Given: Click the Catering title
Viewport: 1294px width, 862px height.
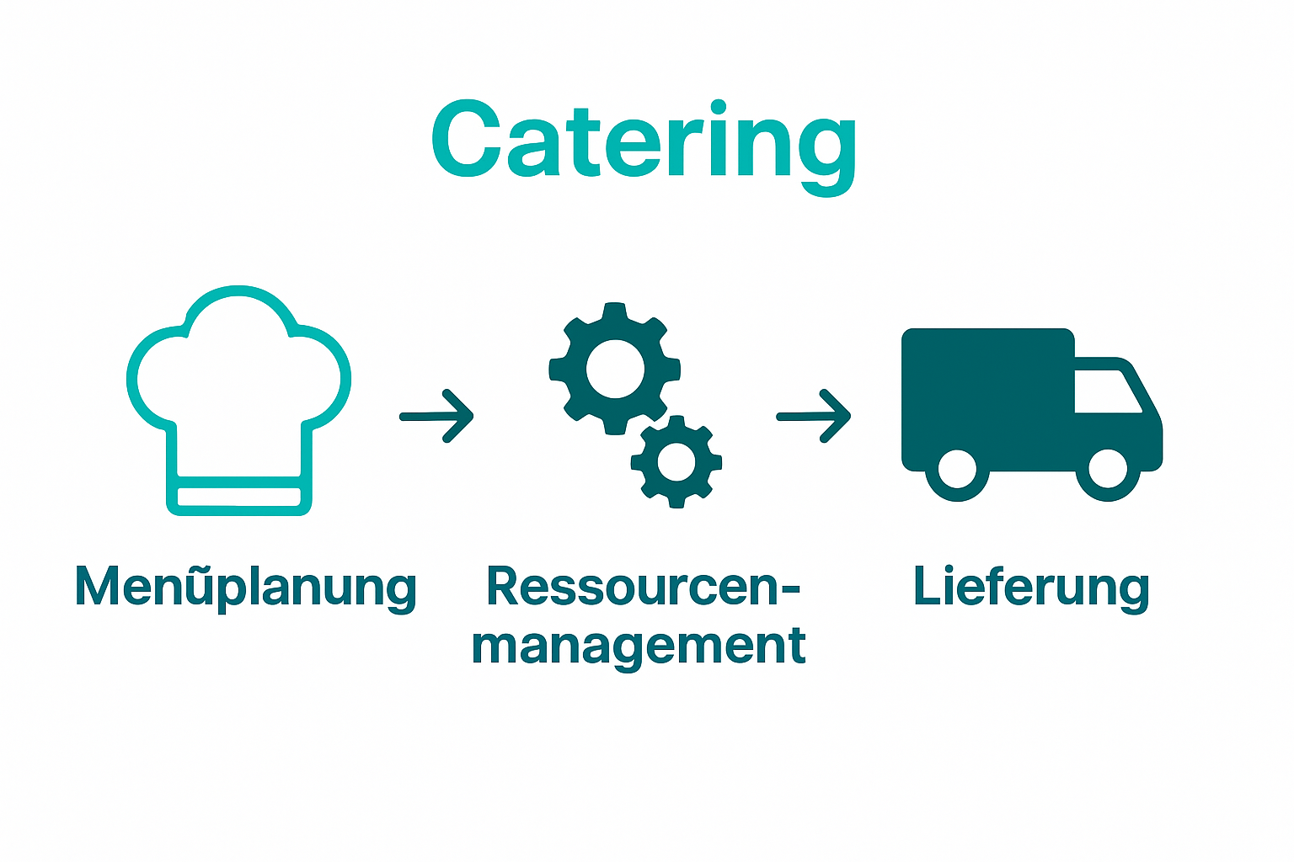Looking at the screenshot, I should pyautogui.click(x=644, y=141).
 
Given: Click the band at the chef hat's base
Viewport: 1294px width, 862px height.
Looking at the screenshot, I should pyautogui.click(x=239, y=497).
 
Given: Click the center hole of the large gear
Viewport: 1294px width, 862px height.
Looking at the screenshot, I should pyautogui.click(x=615, y=369).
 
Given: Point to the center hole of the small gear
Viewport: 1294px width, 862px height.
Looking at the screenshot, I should pyautogui.click(x=676, y=461).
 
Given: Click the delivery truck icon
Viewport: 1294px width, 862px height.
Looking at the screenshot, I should pyautogui.click(x=1031, y=412).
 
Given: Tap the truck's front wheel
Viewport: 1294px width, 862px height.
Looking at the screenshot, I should pyautogui.click(x=1107, y=470).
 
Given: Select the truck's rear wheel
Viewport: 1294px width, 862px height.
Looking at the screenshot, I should pyautogui.click(x=957, y=470).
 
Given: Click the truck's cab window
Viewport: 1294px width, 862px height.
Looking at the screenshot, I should pyautogui.click(x=1105, y=391).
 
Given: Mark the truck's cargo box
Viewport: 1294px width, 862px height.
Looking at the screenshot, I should pyautogui.click(x=987, y=396).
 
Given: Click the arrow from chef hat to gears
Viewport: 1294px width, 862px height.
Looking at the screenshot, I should pyautogui.click(x=437, y=416).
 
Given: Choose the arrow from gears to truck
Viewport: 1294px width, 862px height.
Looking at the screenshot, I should pyautogui.click(x=814, y=416).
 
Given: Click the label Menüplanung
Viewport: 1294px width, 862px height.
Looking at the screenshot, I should pyautogui.click(x=245, y=587).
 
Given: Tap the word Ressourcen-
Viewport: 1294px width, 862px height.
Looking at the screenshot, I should pyautogui.click(x=644, y=587).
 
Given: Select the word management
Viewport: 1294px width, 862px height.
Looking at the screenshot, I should pyautogui.click(x=639, y=646).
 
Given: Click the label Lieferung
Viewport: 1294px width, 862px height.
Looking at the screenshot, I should pyautogui.click(x=1031, y=587).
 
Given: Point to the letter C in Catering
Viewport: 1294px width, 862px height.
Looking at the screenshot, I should pyautogui.click(x=468, y=140).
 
